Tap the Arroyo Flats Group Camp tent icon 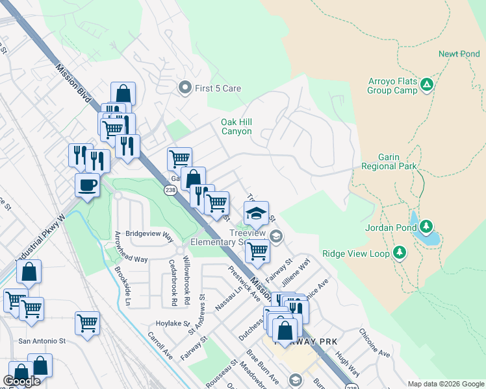(427, 84)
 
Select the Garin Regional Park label (389, 162)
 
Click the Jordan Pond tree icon (426, 226)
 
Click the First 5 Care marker (185, 87)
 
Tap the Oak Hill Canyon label (236, 126)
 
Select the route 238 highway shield (170, 190)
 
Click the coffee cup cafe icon (87, 185)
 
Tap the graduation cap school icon (256, 213)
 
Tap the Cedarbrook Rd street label (173, 283)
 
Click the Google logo (21, 381)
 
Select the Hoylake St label (172, 323)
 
